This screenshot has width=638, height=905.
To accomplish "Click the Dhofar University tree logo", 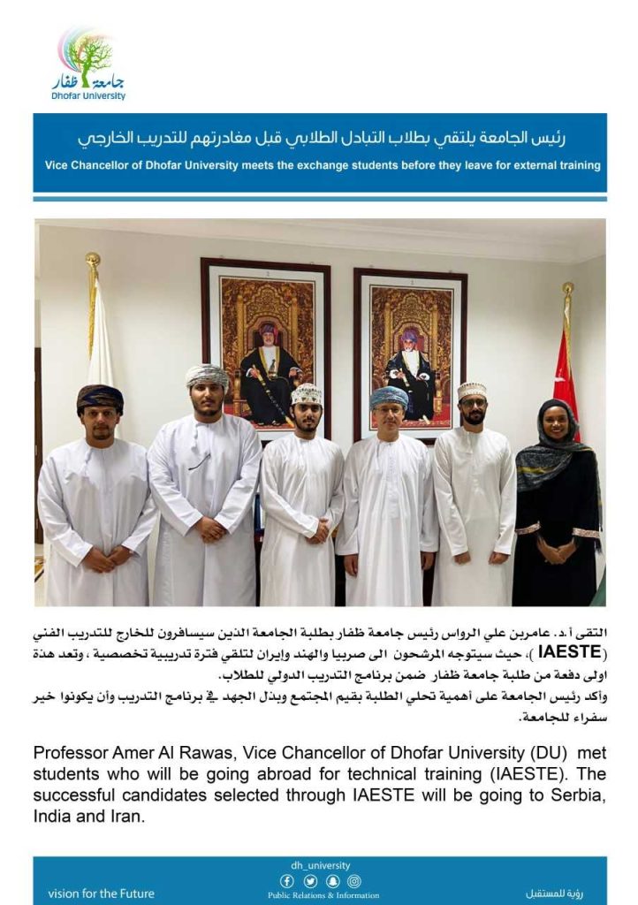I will click(87, 52).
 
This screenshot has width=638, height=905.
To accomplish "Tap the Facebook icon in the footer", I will click(286, 881).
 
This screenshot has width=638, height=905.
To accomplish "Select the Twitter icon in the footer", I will click(309, 881).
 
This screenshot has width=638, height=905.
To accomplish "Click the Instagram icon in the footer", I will click(353, 881).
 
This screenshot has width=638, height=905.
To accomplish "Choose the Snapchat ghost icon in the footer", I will click(331, 881).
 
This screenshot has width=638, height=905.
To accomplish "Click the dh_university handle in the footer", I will click(320, 866).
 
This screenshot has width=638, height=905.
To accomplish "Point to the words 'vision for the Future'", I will click(101, 893).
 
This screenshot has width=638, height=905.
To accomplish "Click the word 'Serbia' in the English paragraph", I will click(581, 795).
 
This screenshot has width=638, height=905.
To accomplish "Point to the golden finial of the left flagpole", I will click(93, 261).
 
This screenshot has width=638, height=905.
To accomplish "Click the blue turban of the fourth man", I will click(389, 396).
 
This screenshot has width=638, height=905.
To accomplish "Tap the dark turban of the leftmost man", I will click(99, 397).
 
